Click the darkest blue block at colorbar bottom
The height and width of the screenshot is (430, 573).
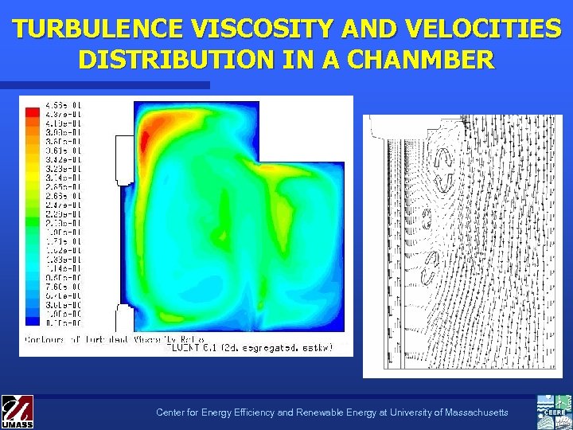32,321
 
